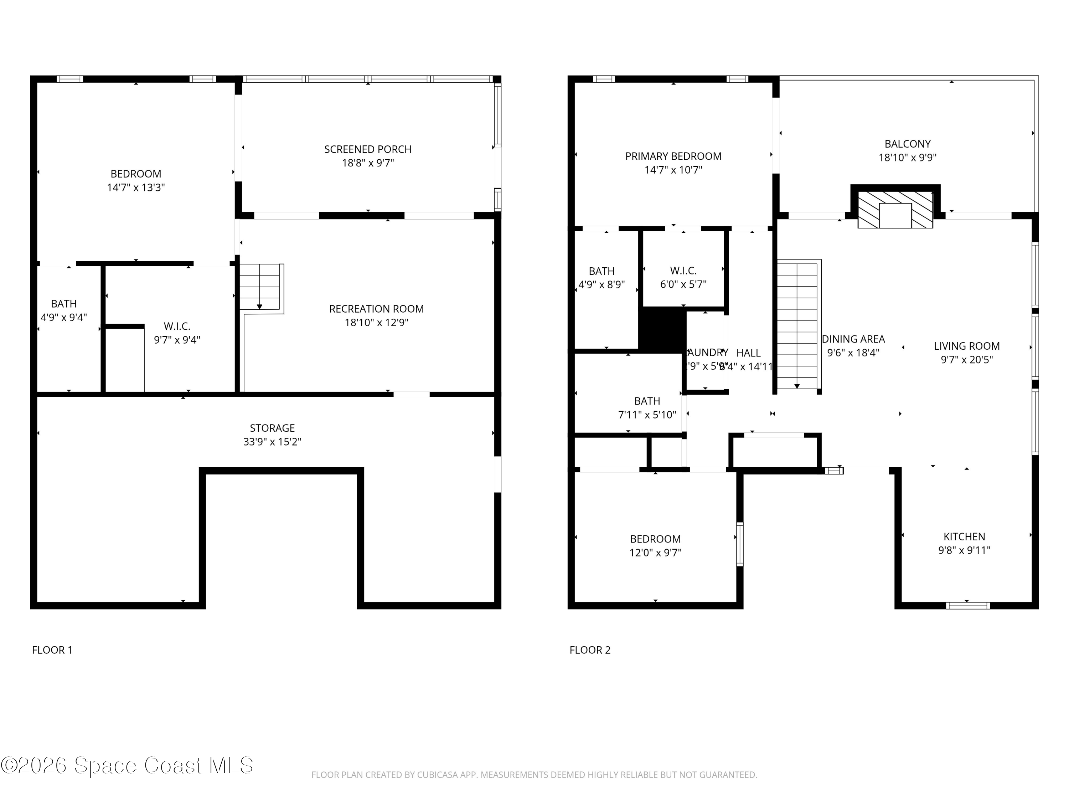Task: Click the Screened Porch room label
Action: pyautogui.click(x=368, y=149)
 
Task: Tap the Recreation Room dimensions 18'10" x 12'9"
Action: pyautogui.click(x=377, y=323)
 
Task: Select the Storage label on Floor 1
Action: pyautogui.click(x=272, y=428)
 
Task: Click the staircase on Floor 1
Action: pyautogui.click(x=260, y=287)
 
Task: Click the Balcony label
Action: pyautogui.click(x=907, y=144)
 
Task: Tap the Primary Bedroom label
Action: pyautogui.click(x=673, y=156)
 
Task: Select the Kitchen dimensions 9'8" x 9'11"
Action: pyautogui.click(x=964, y=550)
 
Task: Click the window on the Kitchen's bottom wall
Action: pyautogui.click(x=967, y=605)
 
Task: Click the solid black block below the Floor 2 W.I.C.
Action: pyautogui.click(x=662, y=330)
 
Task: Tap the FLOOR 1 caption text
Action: pyautogui.click(x=52, y=650)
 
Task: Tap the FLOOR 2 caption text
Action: pyautogui.click(x=590, y=650)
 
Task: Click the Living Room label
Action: pyautogui.click(x=966, y=346)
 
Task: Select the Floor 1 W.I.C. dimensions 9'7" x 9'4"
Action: pyautogui.click(x=177, y=340)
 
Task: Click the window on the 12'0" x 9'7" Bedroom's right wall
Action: pyautogui.click(x=739, y=544)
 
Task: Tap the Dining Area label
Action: pyautogui.click(x=853, y=339)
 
